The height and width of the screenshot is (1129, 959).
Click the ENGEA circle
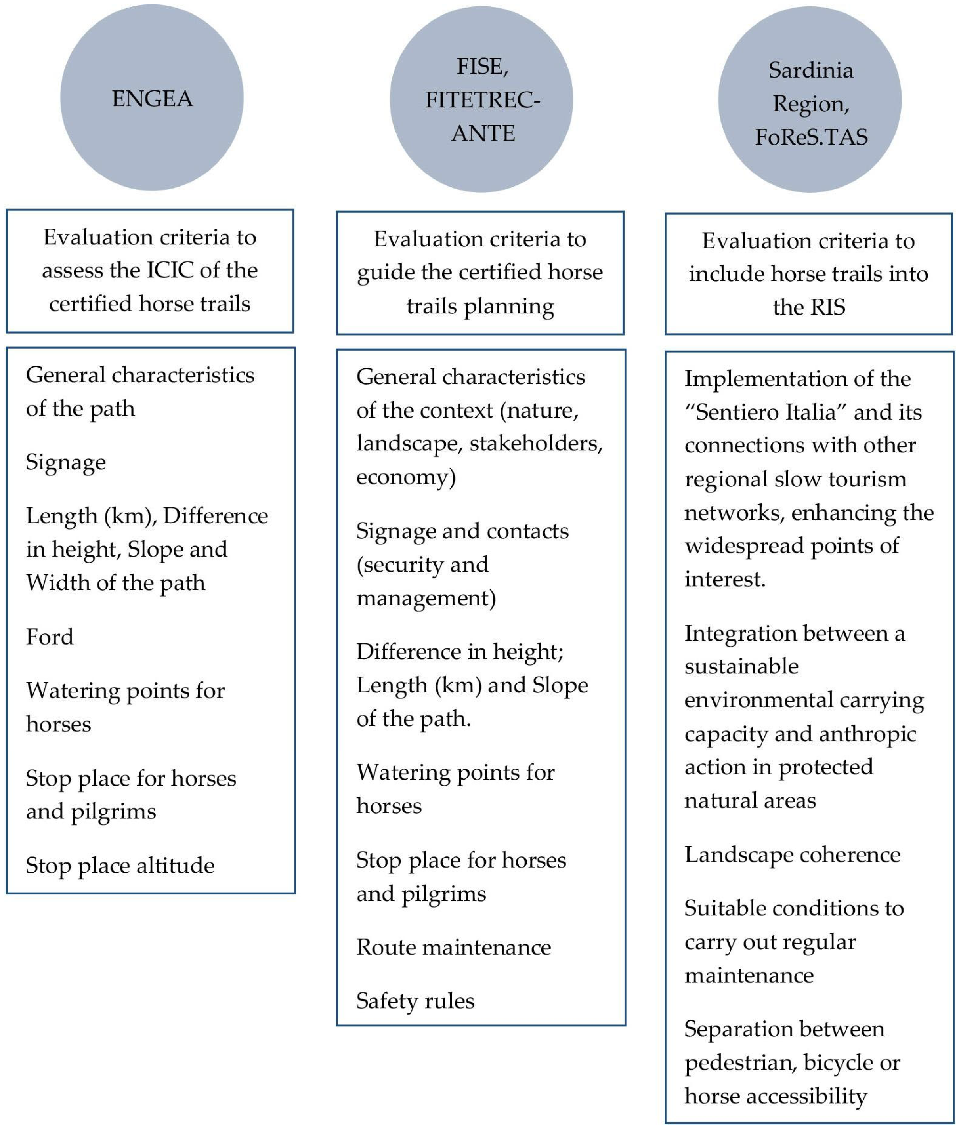click(152, 98)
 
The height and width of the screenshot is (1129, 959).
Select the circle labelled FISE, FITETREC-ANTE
click(481, 99)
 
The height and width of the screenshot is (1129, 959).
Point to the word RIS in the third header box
click(827, 307)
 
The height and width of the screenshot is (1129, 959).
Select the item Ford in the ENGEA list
click(50, 637)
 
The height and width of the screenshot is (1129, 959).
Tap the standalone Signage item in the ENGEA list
click(66, 462)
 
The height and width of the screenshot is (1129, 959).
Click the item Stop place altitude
click(120, 866)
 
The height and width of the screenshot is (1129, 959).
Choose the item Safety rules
click(415, 1001)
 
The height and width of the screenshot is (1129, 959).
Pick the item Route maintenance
click(453, 947)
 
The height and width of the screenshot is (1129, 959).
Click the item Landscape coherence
click(792, 854)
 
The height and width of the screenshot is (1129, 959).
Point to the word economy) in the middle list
click(405, 477)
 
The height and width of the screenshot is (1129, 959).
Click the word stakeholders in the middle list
click(535, 443)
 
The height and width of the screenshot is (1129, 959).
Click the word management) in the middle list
click(426, 598)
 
